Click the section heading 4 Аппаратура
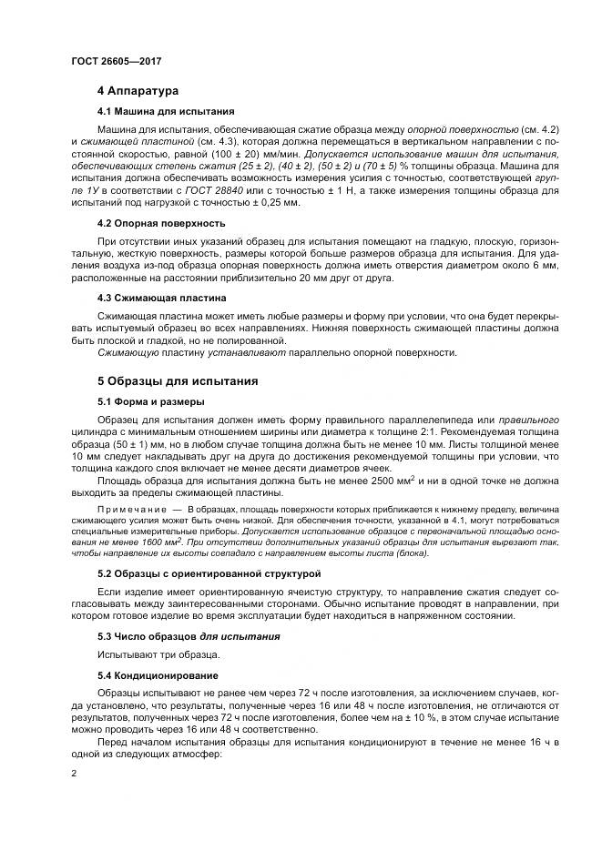(138, 91)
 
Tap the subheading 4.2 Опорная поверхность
(161, 223)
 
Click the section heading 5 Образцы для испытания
(178, 380)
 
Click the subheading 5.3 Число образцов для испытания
(189, 635)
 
